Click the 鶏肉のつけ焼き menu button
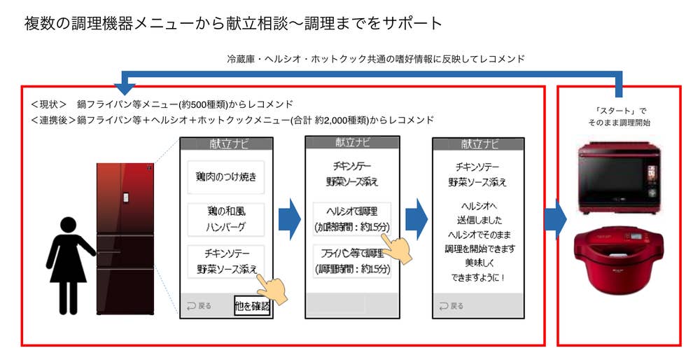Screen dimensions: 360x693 coord(225,177)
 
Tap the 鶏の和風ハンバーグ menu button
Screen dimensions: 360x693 coord(225,219)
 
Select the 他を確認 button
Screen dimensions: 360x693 coord(251,305)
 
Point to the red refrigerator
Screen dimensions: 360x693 coord(125,238)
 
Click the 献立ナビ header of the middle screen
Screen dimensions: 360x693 coord(351,143)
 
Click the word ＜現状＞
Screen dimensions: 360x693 coord(48,104)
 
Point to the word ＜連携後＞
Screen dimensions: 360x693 coord(53,120)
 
